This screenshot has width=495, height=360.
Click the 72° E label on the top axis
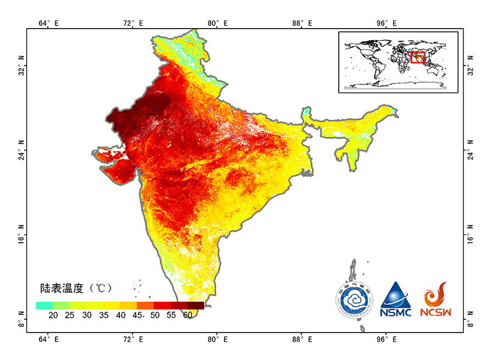pyautogui.click(x=133, y=23)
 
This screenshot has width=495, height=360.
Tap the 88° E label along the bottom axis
pyautogui.click(x=301, y=337)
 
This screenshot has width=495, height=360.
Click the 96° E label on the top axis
pyautogui.click(x=386, y=23)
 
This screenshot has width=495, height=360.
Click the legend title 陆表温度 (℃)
pyautogui.click(x=75, y=288)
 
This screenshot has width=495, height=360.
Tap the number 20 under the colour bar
pyautogui.click(x=53, y=315)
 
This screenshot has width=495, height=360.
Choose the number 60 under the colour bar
pyautogui.click(x=188, y=315)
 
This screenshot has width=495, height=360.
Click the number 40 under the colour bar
pyautogui.click(x=120, y=315)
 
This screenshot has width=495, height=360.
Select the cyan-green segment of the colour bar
pyautogui.click(x=45, y=306)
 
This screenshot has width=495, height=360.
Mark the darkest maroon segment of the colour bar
pyautogui.click(x=196, y=306)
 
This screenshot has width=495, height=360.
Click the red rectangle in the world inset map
pyautogui.click(x=418, y=57)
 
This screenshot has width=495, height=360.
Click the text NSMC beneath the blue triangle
pyautogui.click(x=395, y=312)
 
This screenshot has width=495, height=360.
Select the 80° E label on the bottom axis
pyautogui.click(x=217, y=337)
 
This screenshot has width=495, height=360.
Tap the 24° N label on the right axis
pyautogui.click(x=470, y=154)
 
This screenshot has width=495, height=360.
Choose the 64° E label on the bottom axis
pyautogui.click(x=48, y=337)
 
